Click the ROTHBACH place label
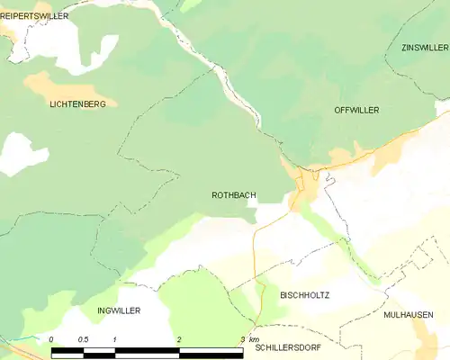[232, 194]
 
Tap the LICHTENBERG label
[77, 104]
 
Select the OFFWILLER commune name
[356, 110]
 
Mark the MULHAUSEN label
[408, 315]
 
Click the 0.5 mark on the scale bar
[84, 338]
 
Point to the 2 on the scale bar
[179, 338]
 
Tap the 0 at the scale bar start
[52, 338]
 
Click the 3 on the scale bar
[242, 338]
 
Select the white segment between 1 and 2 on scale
[148, 350]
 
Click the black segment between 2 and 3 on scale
[211, 350]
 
